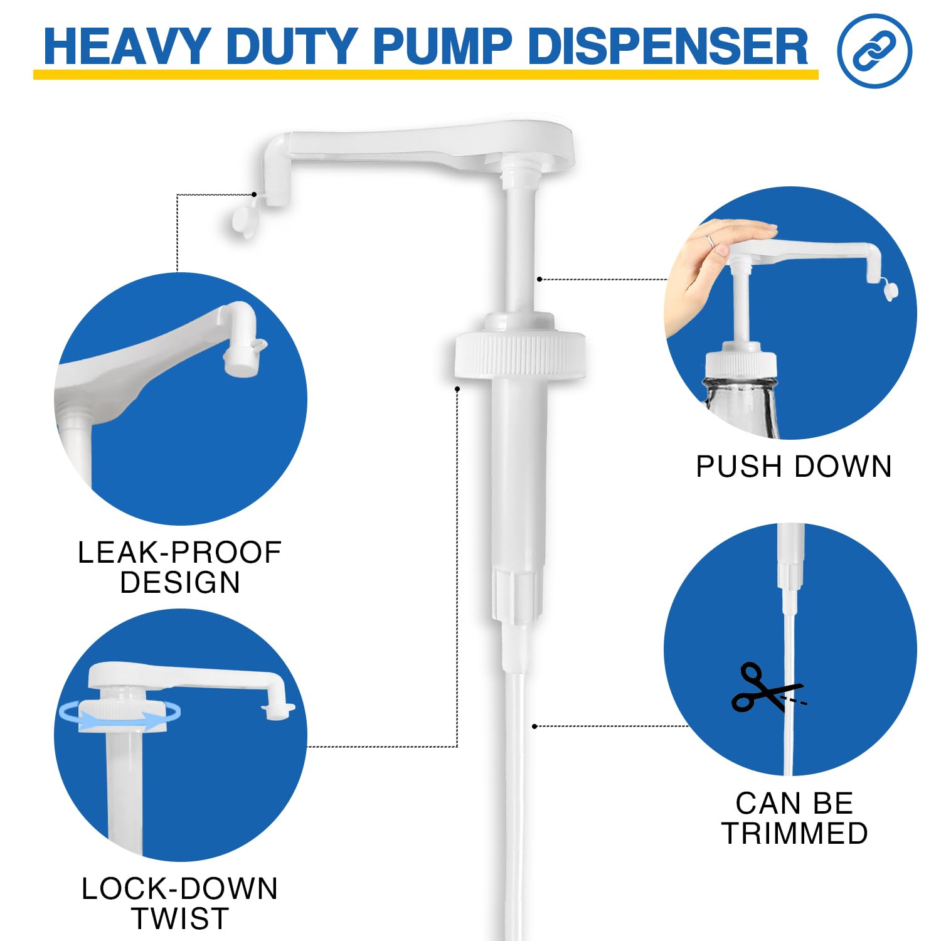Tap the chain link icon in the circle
point(874,51)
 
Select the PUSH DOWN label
point(794,467)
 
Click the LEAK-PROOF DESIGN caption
point(179,567)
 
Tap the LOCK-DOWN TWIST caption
point(179,903)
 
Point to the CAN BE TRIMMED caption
point(795,818)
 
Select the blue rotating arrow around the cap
point(119,715)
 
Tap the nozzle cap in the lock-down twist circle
point(278,710)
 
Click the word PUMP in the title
point(443,46)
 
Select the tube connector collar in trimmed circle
point(790,574)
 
